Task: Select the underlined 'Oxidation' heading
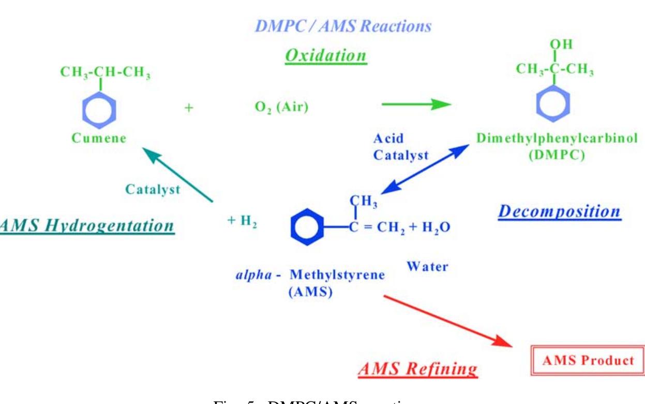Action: click(326, 56)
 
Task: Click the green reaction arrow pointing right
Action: click(416, 104)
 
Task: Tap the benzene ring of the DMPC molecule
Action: click(553, 103)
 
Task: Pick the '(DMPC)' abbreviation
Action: click(556, 156)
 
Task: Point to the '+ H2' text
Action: click(242, 220)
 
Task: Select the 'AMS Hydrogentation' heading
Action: click(87, 226)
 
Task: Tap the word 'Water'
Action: click(427, 267)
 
